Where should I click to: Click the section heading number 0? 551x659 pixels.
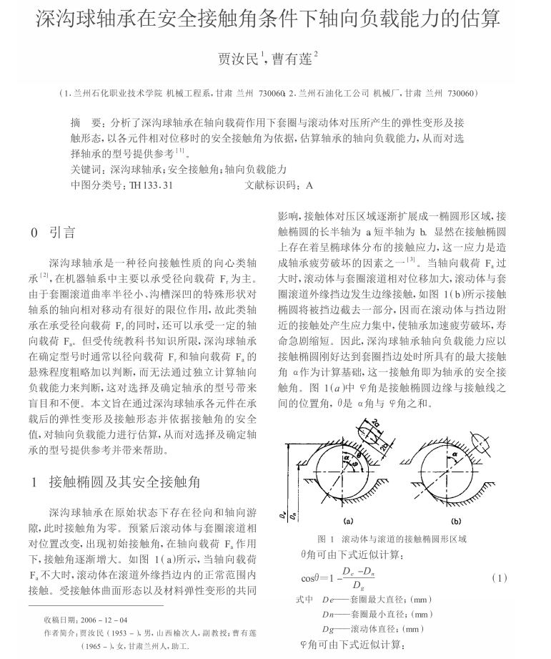pyautogui.click(x=34, y=233)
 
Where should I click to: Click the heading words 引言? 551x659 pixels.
pyautogui.click(x=61, y=233)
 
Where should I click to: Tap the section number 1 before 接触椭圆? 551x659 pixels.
pyautogui.click(x=34, y=482)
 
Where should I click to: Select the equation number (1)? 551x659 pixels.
pyautogui.click(x=500, y=577)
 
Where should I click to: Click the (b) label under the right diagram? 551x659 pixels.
pyautogui.click(x=456, y=521)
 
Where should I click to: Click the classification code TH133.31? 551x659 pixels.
pyautogui.click(x=152, y=185)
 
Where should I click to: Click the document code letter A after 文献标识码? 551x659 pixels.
pyautogui.click(x=309, y=185)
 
